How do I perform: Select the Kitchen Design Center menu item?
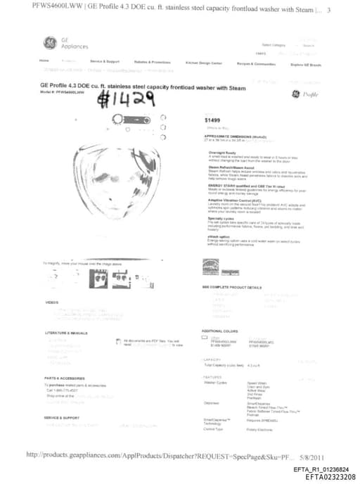203,62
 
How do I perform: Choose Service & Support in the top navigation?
105,62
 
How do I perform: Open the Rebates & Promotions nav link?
152,62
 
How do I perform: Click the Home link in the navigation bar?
44,61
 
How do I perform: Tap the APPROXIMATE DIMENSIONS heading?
232,136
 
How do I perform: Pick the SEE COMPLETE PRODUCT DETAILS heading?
232,287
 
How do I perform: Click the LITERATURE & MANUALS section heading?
66,332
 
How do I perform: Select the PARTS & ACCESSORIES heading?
65,378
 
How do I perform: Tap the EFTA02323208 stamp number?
330,477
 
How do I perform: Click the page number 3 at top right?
328,8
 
